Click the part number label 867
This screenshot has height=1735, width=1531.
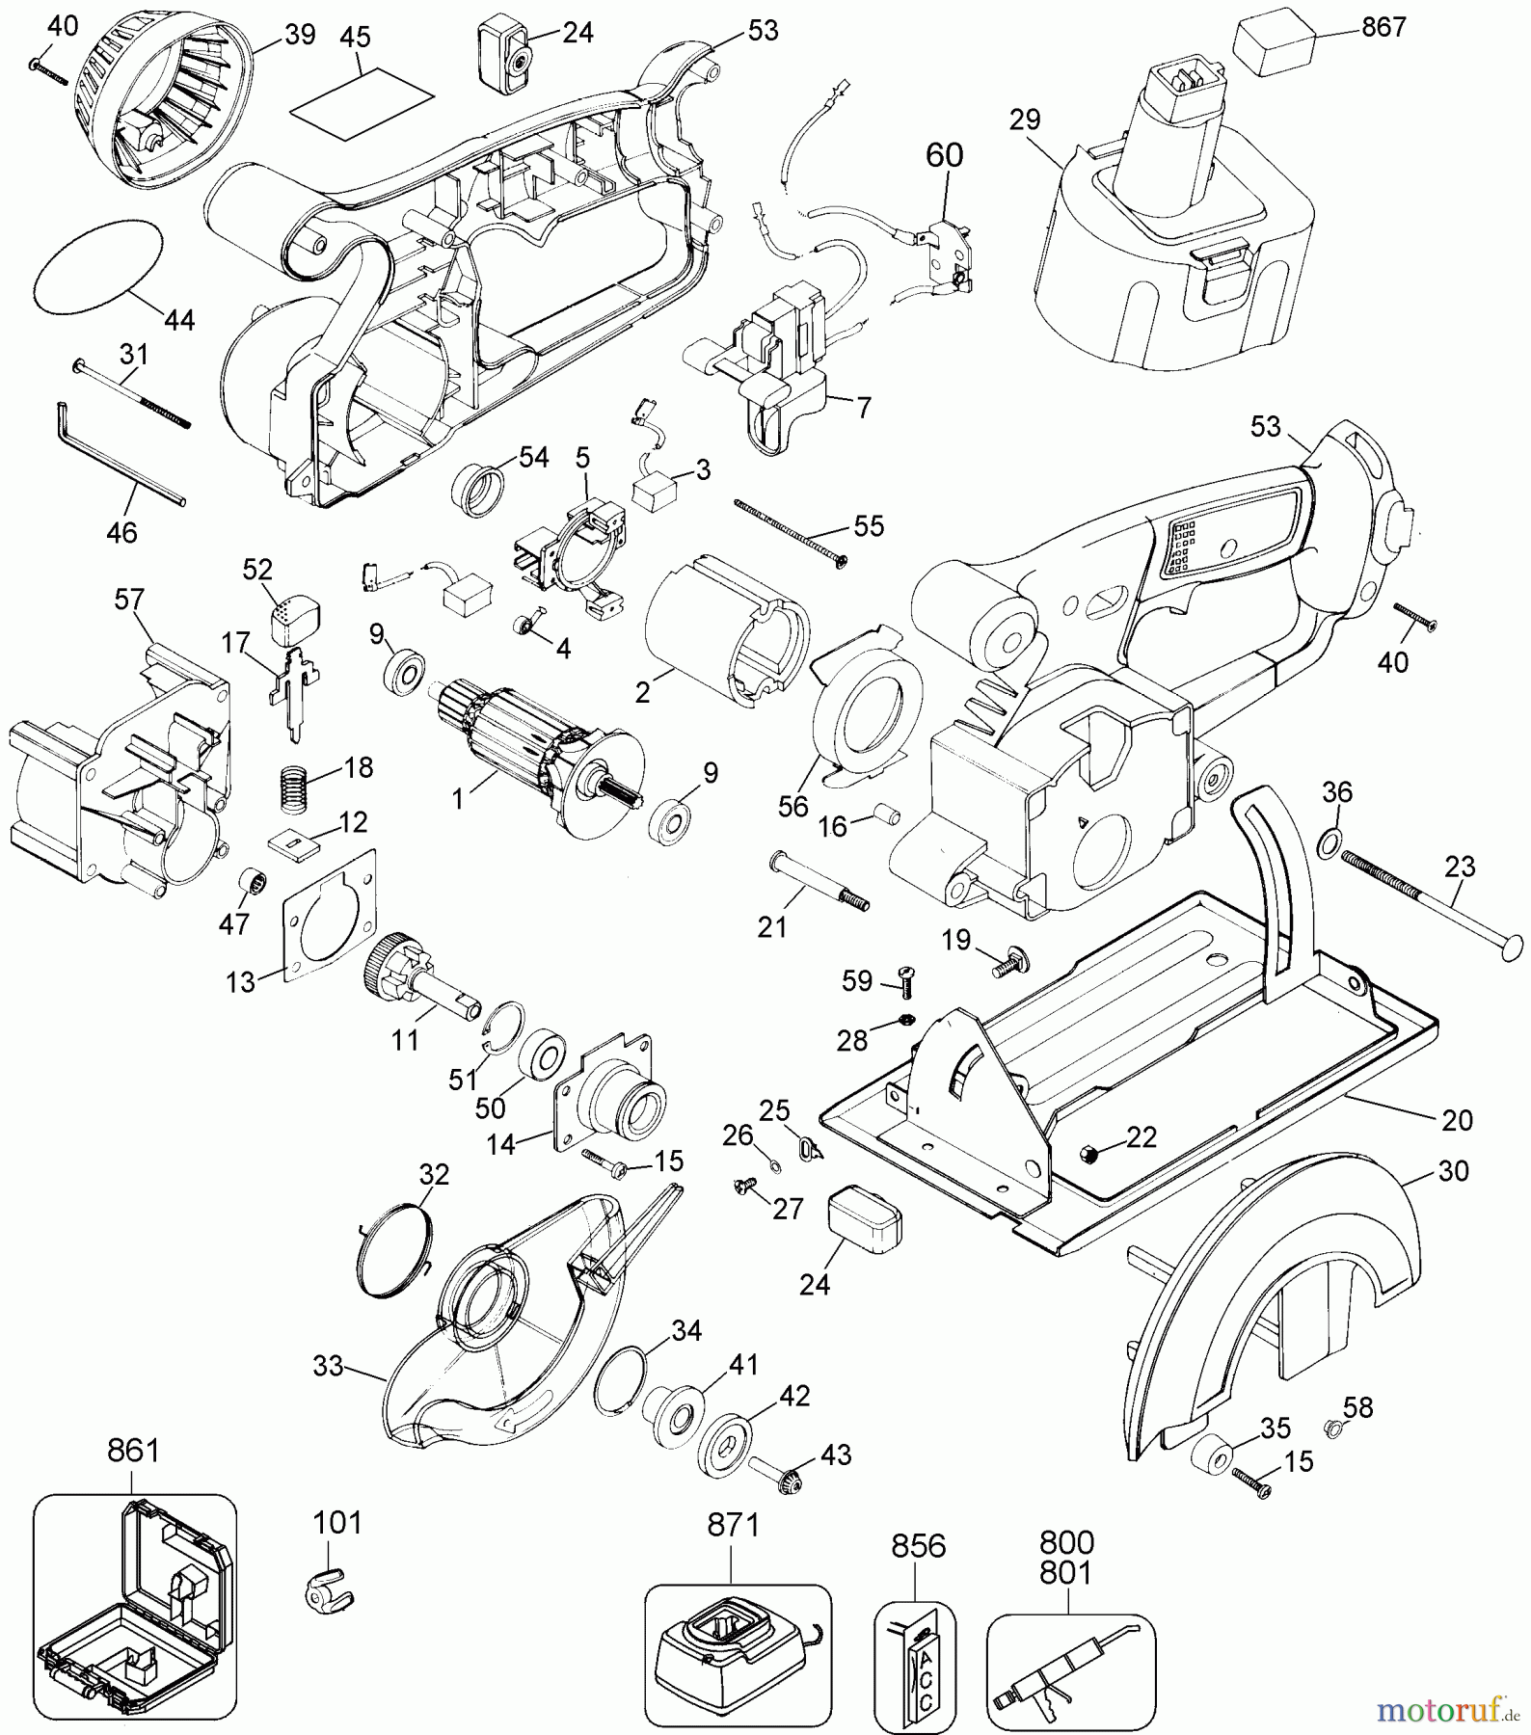pos(1383,27)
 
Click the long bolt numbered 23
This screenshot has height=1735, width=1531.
pos(1427,902)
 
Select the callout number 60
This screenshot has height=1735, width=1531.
pos(944,156)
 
